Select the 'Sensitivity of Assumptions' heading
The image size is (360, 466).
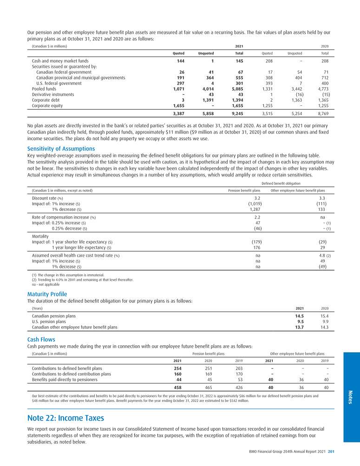pos(61,149)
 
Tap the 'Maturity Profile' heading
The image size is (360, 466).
pos(47,294)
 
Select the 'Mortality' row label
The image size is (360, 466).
pos(40,236)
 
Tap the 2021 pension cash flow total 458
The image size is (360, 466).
pos(177,387)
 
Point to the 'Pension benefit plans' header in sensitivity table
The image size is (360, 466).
pos(243,190)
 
